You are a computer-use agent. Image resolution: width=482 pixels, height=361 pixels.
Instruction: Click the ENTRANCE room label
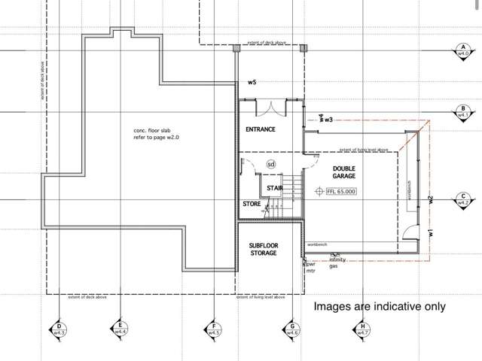[x=261, y=129]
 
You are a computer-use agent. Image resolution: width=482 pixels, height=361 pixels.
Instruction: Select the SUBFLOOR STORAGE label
[x=264, y=249]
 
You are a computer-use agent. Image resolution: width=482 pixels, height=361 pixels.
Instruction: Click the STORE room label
[x=251, y=204]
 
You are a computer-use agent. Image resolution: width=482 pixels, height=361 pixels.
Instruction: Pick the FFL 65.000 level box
[x=340, y=192]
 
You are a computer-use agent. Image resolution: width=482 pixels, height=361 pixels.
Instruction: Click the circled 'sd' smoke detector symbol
[x=271, y=163]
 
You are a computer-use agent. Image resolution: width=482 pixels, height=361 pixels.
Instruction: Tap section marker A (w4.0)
[x=462, y=51]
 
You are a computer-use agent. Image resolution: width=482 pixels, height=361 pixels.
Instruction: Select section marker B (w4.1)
[x=462, y=113]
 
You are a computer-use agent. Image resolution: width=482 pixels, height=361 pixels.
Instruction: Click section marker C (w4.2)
[x=462, y=200]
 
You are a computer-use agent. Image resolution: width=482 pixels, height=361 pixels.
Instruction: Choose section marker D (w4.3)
[x=58, y=329]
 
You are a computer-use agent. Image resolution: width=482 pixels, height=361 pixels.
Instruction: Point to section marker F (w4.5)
[x=215, y=329]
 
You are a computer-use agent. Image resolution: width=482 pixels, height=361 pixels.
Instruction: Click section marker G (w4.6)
[x=292, y=329]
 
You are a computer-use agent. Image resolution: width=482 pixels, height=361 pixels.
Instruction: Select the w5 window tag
[x=252, y=82]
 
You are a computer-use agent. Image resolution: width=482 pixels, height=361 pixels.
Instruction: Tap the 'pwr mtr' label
[x=310, y=268]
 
